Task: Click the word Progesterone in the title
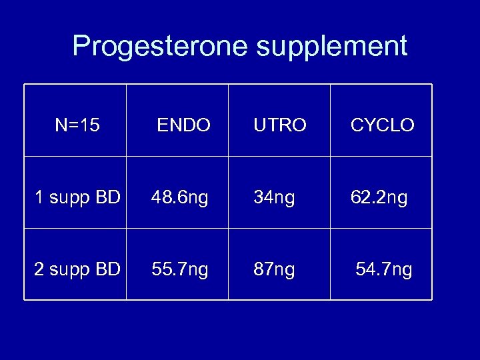pyautogui.click(x=152, y=47)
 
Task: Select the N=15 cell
pyautogui.click(x=77, y=125)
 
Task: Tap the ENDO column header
pyautogui.click(x=183, y=125)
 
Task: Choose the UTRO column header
pyautogui.click(x=279, y=125)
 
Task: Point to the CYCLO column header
pyautogui.click(x=382, y=125)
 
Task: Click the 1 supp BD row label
pyautogui.click(x=77, y=197)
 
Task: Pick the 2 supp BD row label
pyautogui.click(x=77, y=269)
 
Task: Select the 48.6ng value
pyautogui.click(x=179, y=197)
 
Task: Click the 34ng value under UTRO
pyautogui.click(x=273, y=197)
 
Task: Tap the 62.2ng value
pyautogui.click(x=379, y=197)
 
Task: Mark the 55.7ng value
pyautogui.click(x=179, y=269)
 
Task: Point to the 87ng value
pyautogui.click(x=273, y=269)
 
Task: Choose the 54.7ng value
pyautogui.click(x=383, y=269)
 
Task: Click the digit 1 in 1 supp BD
pyautogui.click(x=39, y=197)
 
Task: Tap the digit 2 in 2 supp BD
pyautogui.click(x=39, y=269)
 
